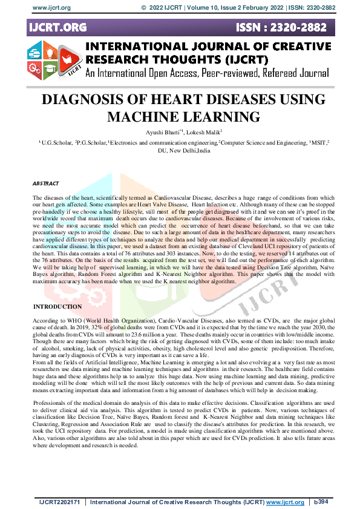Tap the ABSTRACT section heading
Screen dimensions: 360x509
click(x=46, y=183)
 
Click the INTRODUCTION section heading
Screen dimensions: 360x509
click(x=57, y=307)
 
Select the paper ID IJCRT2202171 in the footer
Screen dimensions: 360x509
click(x=59, y=502)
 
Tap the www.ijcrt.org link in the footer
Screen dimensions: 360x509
click(x=285, y=502)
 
